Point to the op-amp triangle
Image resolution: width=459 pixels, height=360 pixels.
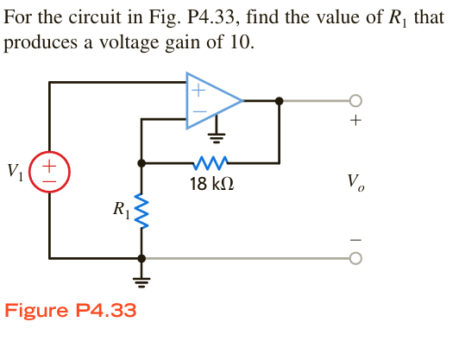[x=212, y=101]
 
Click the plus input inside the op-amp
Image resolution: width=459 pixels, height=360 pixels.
[x=198, y=88]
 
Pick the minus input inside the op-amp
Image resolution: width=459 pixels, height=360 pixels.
[x=198, y=112]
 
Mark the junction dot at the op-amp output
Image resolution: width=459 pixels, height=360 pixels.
[x=278, y=100]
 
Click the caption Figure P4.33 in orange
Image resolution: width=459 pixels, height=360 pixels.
[x=71, y=311]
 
